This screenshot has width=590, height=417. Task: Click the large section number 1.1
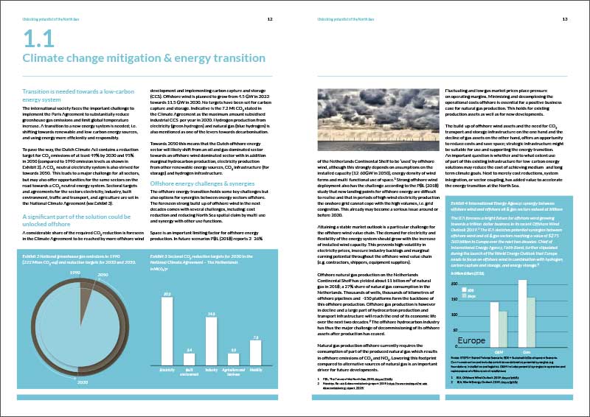point(38,39)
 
